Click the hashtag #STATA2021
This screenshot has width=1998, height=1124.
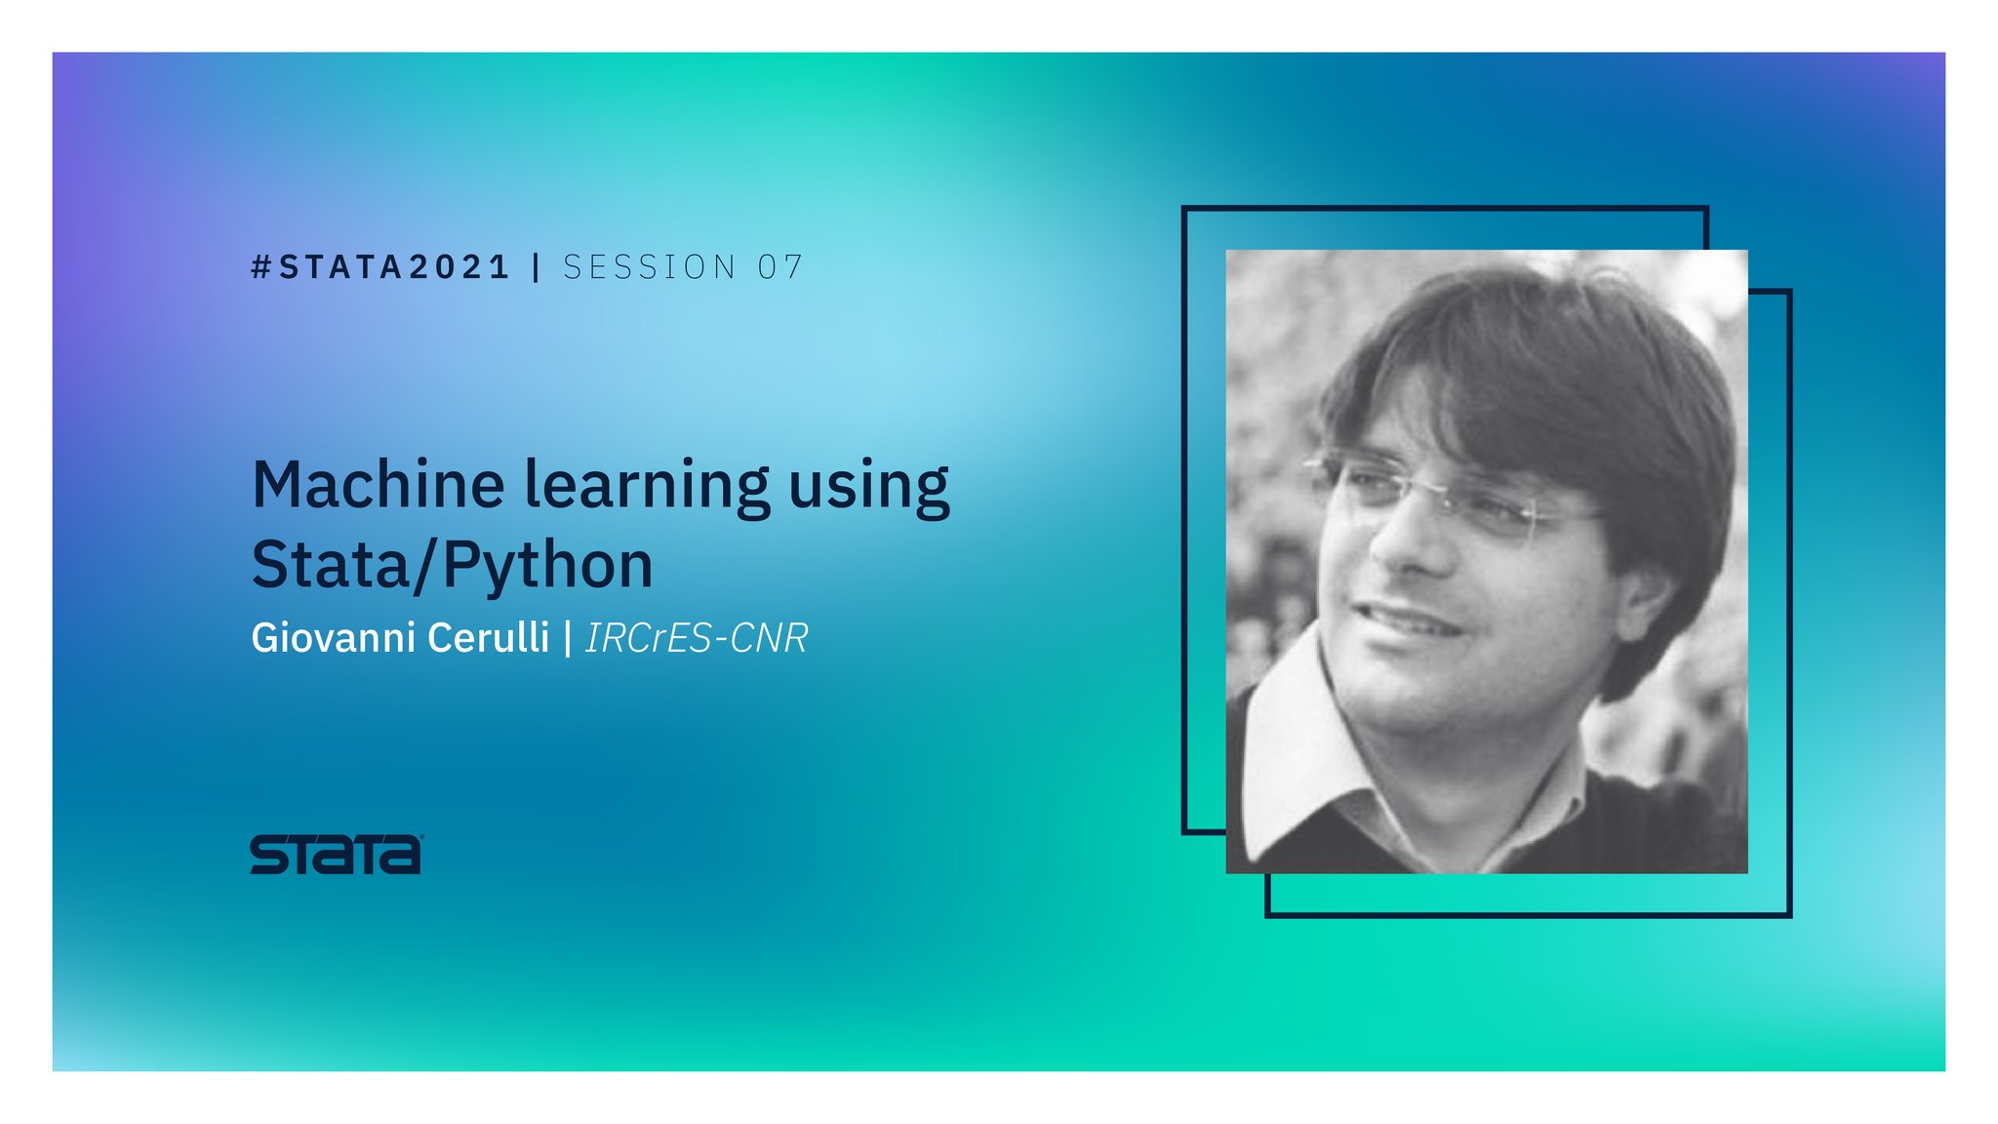click(380, 267)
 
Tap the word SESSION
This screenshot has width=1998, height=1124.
click(650, 267)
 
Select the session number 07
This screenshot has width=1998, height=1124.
click(779, 267)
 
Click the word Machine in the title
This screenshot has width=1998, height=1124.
click(379, 485)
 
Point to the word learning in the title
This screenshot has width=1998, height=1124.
click(647, 487)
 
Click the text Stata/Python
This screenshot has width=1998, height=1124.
click(452, 565)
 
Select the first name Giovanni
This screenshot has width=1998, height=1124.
click(333, 638)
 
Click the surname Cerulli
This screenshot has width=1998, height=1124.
click(489, 638)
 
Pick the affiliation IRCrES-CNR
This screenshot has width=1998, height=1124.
click(697, 638)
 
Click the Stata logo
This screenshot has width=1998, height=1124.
click(336, 855)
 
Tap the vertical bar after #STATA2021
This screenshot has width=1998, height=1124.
click(537, 267)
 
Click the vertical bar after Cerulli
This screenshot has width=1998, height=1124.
click(568, 638)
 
